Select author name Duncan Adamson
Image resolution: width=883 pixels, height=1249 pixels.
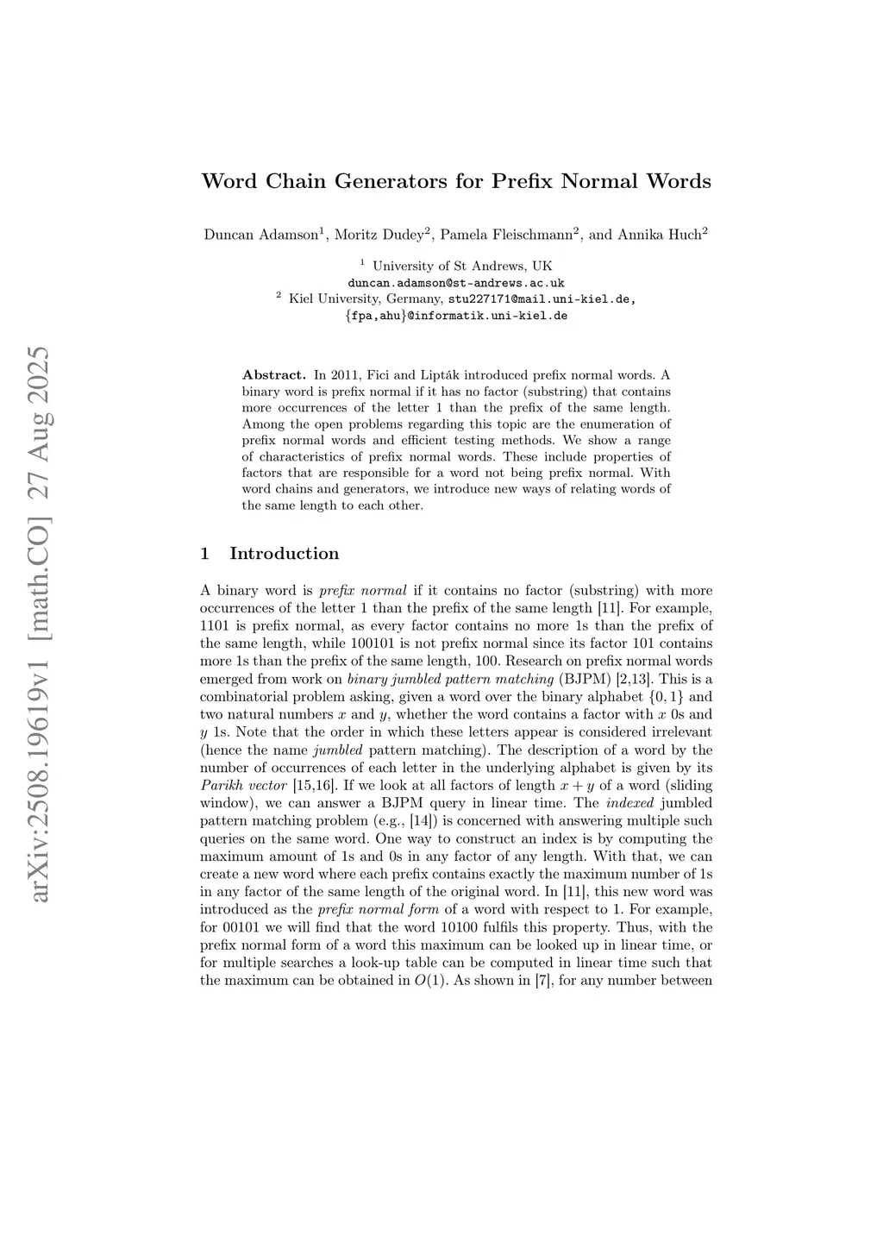261,235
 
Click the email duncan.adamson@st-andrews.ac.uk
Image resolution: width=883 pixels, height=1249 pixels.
456,283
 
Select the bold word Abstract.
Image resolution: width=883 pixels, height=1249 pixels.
274,375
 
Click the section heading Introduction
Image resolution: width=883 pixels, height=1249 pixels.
284,554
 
